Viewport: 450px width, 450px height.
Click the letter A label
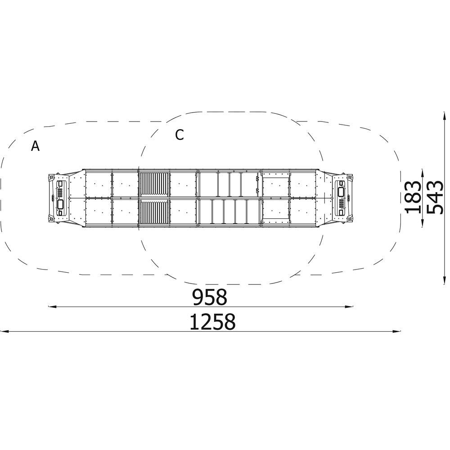(x=35, y=146)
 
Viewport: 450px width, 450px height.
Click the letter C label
(x=180, y=135)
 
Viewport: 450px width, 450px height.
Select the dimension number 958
(x=210, y=297)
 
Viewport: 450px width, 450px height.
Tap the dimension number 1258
(x=212, y=322)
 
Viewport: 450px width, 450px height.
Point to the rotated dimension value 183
(x=413, y=198)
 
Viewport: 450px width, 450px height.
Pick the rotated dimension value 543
(x=435, y=198)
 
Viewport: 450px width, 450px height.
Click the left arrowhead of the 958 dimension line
(x=52, y=307)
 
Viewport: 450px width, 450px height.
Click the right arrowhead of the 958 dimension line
(x=349, y=307)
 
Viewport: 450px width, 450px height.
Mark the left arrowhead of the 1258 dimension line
(x=4, y=332)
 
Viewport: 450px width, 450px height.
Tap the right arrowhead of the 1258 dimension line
(x=396, y=332)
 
